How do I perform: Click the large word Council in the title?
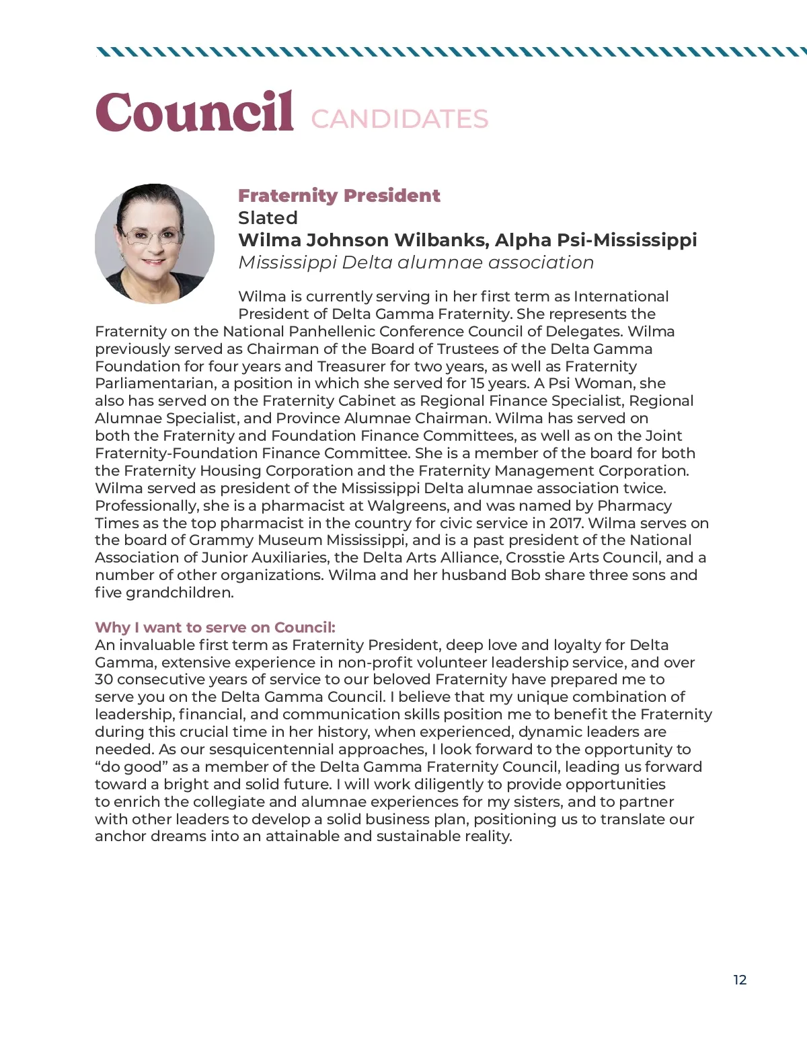point(194,112)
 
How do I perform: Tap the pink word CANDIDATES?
point(399,119)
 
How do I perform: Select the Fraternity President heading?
point(339,196)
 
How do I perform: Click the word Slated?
point(268,218)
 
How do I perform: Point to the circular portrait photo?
point(155,244)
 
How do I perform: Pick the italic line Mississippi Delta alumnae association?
point(416,262)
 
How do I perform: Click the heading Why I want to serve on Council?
point(215,628)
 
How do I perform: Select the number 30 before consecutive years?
point(104,680)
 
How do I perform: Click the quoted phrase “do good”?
point(132,767)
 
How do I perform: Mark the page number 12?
point(740,980)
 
